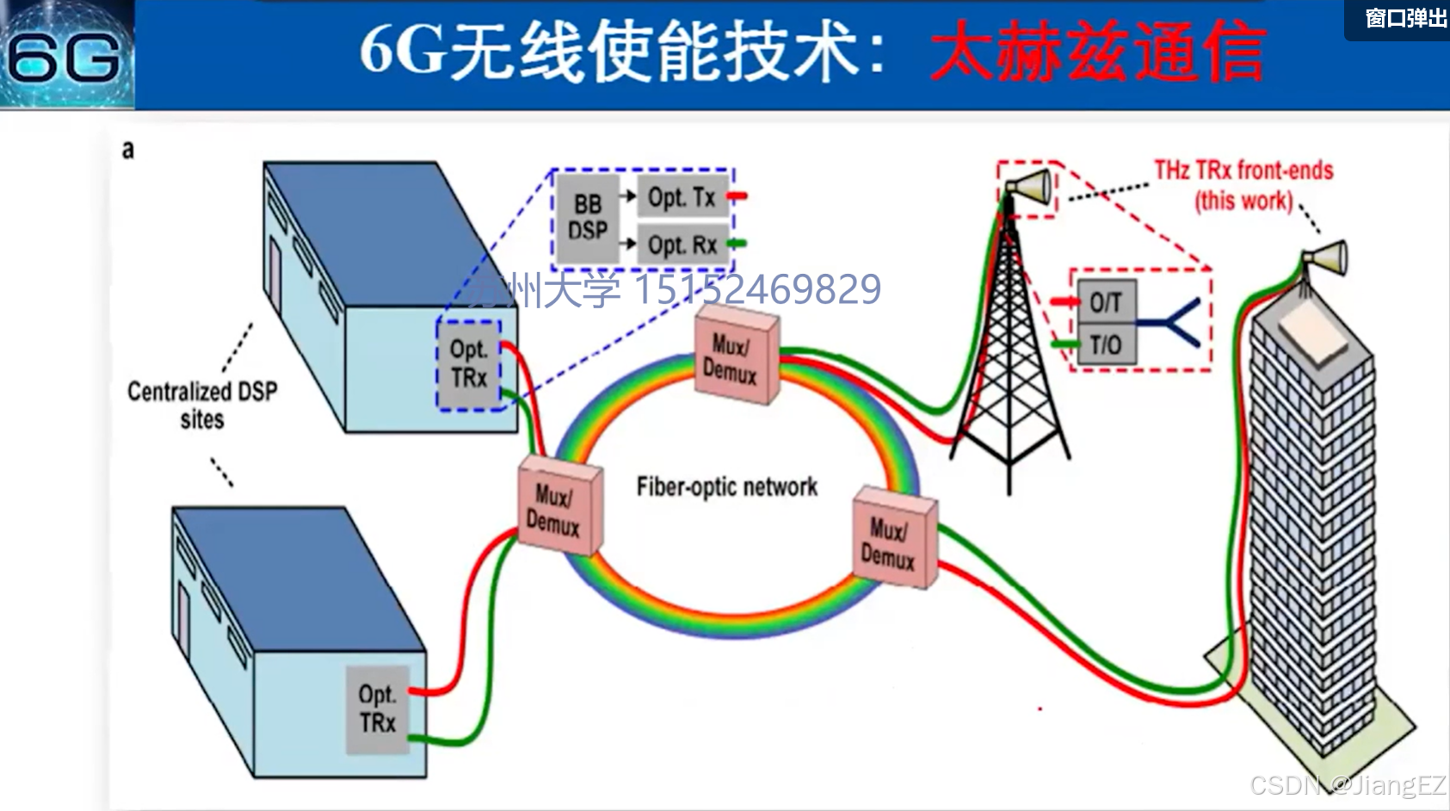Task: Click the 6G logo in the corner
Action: pyautogui.click(x=65, y=55)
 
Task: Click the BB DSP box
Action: pyautogui.click(x=588, y=218)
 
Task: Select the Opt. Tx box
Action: pyautogui.click(x=682, y=197)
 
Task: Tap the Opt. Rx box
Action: pyautogui.click(x=682, y=245)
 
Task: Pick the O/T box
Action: pyautogui.click(x=1106, y=302)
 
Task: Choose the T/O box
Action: pyautogui.click(x=1106, y=345)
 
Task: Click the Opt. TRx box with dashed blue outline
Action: pyautogui.click(x=469, y=364)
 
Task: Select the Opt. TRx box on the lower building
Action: pyautogui.click(x=377, y=709)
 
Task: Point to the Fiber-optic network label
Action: pyautogui.click(x=726, y=487)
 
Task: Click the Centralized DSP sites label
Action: pyautogui.click(x=202, y=405)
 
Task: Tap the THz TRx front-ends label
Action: pyautogui.click(x=1243, y=185)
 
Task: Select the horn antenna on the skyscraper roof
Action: pyautogui.click(x=1325, y=257)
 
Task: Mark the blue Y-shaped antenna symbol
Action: pyautogui.click(x=1175, y=323)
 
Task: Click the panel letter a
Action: pyautogui.click(x=128, y=150)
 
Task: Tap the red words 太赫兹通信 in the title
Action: pyautogui.click(x=1097, y=53)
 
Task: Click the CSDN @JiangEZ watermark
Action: pyautogui.click(x=1348, y=785)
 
